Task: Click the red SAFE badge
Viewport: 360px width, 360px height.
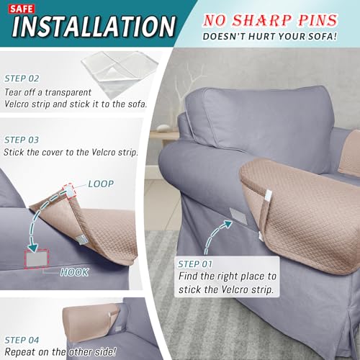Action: (22, 9)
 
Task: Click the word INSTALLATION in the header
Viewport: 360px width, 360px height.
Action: (94, 26)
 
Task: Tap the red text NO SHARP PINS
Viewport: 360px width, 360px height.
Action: (270, 20)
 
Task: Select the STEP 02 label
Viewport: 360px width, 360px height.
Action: (22, 78)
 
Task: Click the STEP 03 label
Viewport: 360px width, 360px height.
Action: (22, 140)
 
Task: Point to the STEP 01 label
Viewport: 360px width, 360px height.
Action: (195, 264)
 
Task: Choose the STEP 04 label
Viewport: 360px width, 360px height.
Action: (22, 340)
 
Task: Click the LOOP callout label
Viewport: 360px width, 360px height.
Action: (101, 184)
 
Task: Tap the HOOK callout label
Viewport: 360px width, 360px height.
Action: (74, 272)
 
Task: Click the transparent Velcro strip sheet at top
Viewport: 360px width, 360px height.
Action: (120, 72)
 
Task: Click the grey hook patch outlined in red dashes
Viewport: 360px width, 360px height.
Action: (37, 258)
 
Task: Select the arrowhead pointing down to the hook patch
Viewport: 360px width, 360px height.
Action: (32, 248)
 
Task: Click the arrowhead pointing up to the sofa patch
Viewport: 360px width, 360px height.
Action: (227, 224)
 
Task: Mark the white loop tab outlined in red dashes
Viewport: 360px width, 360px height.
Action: (70, 192)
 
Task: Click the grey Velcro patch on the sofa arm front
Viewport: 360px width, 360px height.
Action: (238, 216)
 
